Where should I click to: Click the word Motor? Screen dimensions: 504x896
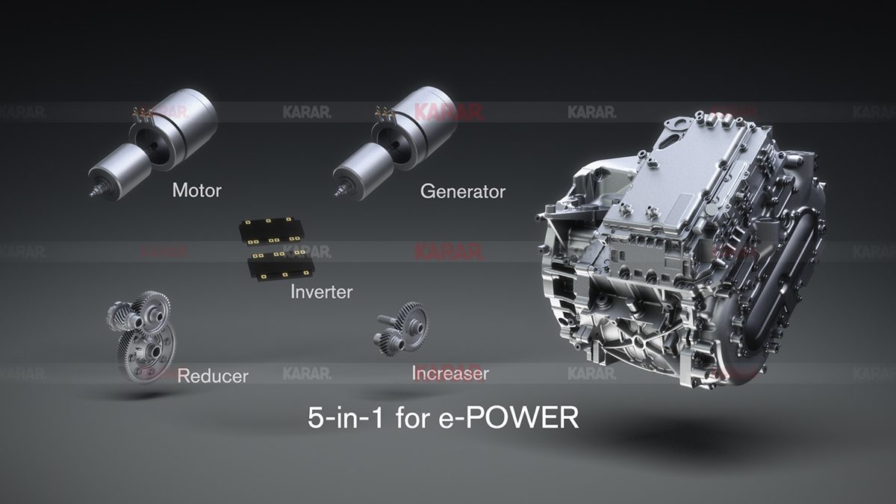coord(196,190)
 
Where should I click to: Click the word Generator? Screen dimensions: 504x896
coord(462,192)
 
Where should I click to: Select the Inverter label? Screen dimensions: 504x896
coord(321,291)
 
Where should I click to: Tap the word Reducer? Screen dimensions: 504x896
coord(212,376)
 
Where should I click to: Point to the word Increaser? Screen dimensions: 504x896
coord(449,373)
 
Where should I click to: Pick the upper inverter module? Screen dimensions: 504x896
coord(273,231)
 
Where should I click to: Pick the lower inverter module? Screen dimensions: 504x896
coord(281,265)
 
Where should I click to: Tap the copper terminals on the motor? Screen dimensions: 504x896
coord(140,113)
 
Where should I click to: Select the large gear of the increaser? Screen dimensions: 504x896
coord(411,322)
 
